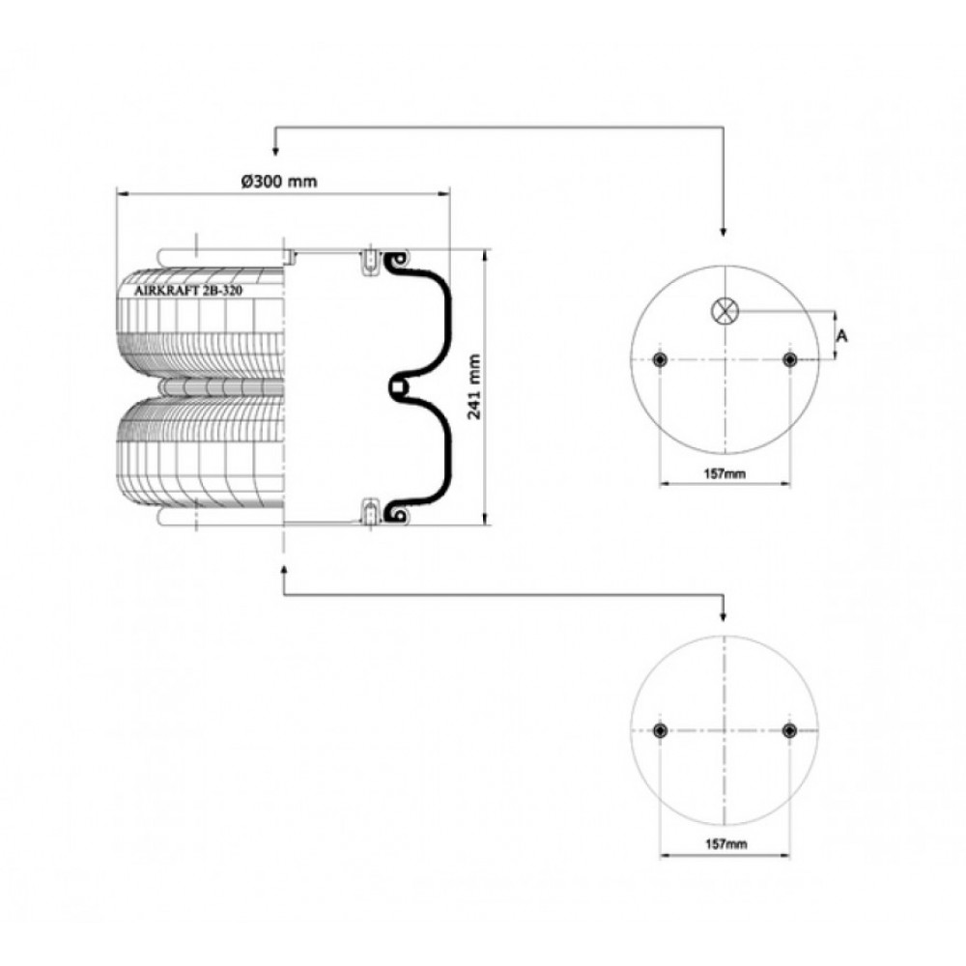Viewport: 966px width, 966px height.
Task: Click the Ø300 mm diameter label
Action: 279,182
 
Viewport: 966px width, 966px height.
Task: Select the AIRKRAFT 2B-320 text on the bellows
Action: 188,291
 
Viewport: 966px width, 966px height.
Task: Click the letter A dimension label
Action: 841,336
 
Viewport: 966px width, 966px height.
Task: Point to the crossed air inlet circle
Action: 724,310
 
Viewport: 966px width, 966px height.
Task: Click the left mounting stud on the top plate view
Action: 661,359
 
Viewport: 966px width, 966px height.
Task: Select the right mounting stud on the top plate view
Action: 789,359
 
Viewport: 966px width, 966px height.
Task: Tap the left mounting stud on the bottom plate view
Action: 661,730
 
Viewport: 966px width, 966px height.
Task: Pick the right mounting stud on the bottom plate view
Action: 789,730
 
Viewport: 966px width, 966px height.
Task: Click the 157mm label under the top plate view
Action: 724,473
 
